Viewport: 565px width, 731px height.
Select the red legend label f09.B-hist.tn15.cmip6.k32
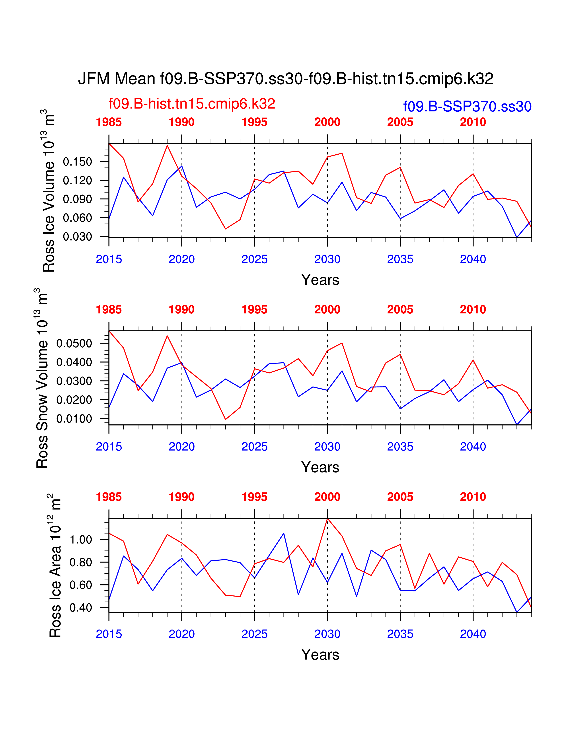(x=192, y=104)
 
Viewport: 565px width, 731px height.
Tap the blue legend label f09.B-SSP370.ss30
(x=467, y=106)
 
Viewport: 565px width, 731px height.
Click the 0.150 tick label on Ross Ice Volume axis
(x=77, y=162)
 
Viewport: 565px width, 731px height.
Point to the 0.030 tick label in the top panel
(x=77, y=237)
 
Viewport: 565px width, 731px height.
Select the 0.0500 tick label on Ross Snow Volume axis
(x=74, y=343)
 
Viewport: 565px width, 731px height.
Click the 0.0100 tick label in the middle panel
(x=74, y=419)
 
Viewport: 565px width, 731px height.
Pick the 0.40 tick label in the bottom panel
(x=81, y=607)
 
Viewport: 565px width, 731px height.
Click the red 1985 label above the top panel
(x=109, y=122)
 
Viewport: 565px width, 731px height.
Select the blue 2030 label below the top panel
(x=327, y=259)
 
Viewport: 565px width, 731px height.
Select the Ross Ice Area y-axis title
(x=55, y=566)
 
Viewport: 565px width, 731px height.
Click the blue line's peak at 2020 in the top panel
(x=182, y=166)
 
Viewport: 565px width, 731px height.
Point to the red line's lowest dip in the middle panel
(x=225, y=419)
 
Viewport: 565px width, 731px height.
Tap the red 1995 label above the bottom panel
(x=254, y=497)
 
